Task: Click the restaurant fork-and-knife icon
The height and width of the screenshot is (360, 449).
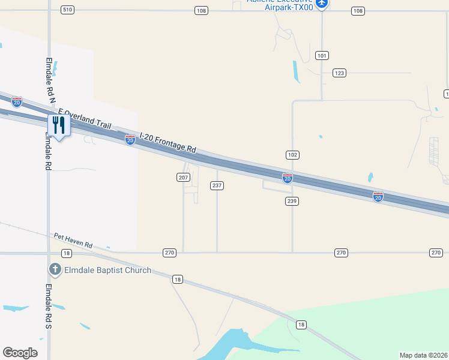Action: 59,125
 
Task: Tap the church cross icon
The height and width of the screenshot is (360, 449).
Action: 55,269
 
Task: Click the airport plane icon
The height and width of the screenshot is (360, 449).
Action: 322,4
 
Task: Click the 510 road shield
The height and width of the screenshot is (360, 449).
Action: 67,10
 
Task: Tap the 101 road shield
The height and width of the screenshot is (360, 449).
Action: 322,56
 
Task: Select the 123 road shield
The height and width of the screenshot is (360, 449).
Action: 340,73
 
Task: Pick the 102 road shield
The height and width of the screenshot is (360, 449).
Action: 292,155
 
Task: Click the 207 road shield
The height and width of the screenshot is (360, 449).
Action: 184,178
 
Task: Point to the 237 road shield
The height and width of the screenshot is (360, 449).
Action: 217,185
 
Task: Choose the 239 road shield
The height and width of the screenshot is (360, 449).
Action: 292,201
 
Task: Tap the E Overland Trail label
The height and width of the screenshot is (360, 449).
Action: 85,119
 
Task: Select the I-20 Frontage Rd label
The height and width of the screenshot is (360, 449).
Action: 168,143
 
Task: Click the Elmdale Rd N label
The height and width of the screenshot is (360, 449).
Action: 49,80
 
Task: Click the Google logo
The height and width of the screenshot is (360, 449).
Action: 20,353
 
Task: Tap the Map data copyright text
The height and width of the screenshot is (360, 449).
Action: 424,355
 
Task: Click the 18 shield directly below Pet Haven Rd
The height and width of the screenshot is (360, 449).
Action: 66,254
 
